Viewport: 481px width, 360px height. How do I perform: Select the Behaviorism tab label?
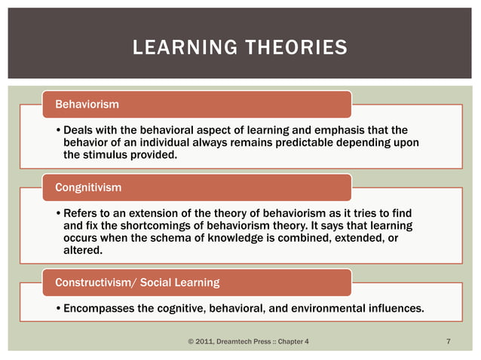85,102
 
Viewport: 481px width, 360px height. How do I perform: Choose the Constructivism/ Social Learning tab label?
137,282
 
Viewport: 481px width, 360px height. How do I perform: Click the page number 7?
449,343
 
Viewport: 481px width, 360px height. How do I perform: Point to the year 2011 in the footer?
205,343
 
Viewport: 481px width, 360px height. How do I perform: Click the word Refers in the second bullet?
81,214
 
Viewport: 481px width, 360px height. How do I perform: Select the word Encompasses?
99,308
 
